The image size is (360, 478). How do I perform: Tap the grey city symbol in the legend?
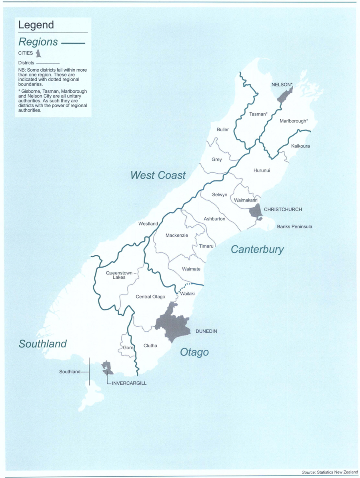38,53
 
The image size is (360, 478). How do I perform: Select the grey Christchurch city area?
255,210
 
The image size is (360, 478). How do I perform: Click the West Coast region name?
158,175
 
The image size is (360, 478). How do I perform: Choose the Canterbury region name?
257,250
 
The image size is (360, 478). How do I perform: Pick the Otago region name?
194,352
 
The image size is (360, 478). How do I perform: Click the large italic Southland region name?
42,344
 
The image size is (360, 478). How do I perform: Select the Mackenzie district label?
176,236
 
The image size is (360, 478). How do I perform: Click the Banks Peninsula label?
294,226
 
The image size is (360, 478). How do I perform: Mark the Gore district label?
128,348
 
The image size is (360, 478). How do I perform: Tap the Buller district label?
223,130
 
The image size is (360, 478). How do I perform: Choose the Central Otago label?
150,296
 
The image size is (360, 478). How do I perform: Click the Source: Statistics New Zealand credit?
330,472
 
